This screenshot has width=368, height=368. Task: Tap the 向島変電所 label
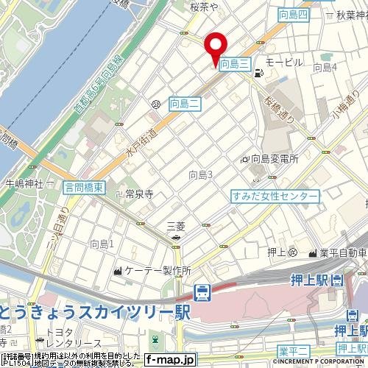point(274,158)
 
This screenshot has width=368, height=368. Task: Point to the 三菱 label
point(176,226)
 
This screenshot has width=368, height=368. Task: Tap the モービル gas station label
point(283,62)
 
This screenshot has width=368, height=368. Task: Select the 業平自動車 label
point(342,253)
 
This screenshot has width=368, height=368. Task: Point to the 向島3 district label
point(200,174)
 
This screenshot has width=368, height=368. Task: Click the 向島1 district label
point(101,243)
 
